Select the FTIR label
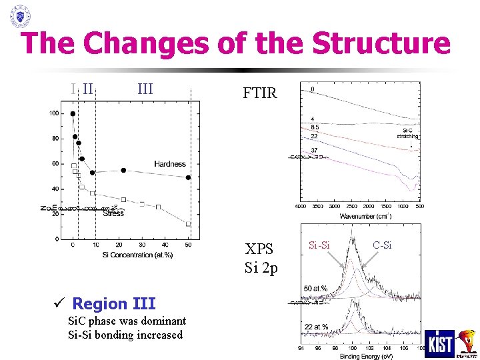click(x=260, y=93)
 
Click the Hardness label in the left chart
click(x=170, y=163)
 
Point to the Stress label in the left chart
click(x=113, y=213)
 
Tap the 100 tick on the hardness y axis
click(x=53, y=113)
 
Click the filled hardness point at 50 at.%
click(x=188, y=177)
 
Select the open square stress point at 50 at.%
click(x=188, y=225)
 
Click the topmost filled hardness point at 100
click(x=73, y=113)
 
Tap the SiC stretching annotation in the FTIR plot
click(x=407, y=133)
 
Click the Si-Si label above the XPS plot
click(x=320, y=246)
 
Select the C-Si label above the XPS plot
click(x=383, y=246)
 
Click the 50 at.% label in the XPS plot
click(x=316, y=288)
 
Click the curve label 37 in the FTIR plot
click(x=314, y=151)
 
